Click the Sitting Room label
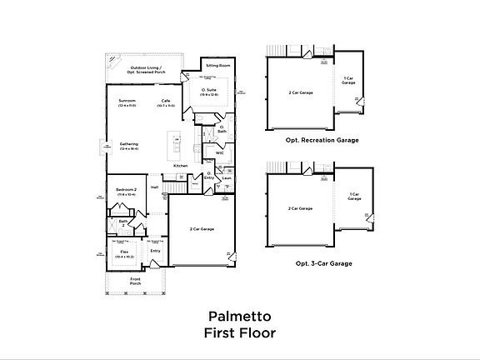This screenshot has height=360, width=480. pyautogui.click(x=218, y=64)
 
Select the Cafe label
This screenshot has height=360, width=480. pyautogui.click(x=166, y=102)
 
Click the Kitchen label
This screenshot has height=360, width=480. pyautogui.click(x=180, y=165)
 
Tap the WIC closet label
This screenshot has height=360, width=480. pyautogui.click(x=220, y=153)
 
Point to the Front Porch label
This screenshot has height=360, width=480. pyautogui.click(x=135, y=281)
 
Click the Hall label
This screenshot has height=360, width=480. pyautogui.click(x=155, y=187)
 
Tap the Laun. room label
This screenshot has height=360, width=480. pyautogui.click(x=226, y=177)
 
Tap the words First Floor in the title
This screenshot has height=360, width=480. pyautogui.click(x=240, y=333)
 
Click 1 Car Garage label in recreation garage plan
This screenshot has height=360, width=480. pyautogui.click(x=349, y=81)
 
